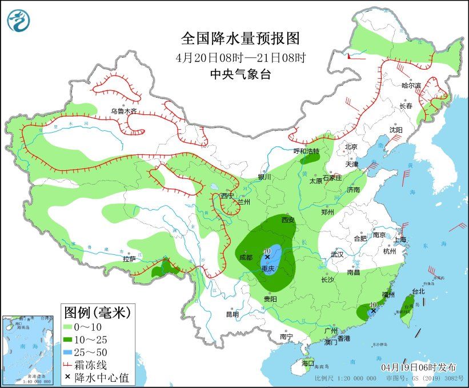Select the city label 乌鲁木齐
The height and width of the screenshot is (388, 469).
point(123,111)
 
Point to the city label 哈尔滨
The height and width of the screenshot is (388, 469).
point(411,86)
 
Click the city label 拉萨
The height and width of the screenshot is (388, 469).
point(129,259)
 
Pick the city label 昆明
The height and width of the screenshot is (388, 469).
point(232,314)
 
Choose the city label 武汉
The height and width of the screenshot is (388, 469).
point(338,254)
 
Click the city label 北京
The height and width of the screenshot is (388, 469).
point(351,147)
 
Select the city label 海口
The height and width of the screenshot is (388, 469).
point(307,363)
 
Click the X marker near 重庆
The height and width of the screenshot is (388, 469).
point(267,258)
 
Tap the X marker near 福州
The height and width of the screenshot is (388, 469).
point(373,311)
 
